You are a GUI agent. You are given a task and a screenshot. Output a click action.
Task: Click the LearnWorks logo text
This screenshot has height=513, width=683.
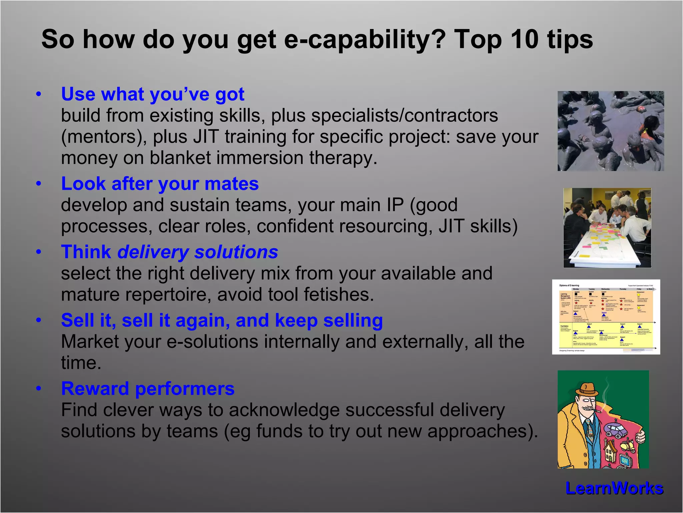tap(614, 488)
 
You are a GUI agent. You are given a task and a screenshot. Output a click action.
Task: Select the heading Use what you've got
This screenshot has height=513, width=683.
tap(153, 94)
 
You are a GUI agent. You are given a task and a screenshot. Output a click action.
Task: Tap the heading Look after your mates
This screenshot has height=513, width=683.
tap(160, 184)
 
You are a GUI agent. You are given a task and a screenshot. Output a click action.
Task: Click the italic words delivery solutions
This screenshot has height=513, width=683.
tap(197, 252)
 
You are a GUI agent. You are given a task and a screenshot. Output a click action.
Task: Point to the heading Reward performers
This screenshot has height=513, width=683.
tap(148, 389)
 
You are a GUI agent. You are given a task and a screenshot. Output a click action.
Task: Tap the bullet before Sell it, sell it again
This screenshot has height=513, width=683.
tap(39, 321)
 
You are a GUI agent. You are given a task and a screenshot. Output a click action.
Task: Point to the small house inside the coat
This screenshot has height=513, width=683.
tap(610, 450)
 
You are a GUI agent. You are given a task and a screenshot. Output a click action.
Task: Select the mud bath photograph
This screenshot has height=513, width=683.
tap(610, 131)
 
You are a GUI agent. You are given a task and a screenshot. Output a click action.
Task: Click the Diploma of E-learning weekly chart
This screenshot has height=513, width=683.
tap(606, 317)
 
